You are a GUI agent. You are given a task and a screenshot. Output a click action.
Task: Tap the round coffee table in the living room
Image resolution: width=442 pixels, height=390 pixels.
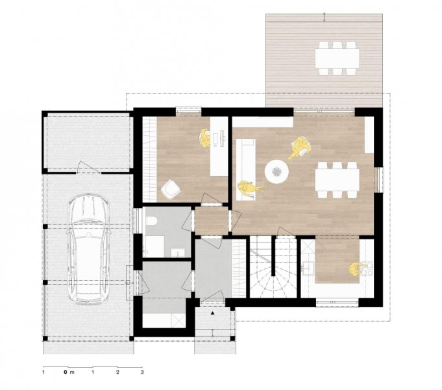[276, 172]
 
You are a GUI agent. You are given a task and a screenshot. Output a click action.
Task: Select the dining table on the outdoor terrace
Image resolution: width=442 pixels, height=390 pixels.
[337, 58]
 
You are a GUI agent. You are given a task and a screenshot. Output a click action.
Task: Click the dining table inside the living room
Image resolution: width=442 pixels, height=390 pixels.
[337, 179]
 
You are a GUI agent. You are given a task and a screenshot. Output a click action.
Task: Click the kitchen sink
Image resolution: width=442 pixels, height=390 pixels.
[308, 267]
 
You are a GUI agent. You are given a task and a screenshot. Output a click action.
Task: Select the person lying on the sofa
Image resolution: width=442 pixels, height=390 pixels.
[249, 188]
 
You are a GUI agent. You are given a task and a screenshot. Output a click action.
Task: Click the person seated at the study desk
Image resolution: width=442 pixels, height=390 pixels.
[205, 138]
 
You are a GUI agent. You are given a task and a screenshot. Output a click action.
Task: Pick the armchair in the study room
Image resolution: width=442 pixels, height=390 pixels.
[171, 188]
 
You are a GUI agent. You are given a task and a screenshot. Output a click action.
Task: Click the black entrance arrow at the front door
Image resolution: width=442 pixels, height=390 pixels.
[213, 313]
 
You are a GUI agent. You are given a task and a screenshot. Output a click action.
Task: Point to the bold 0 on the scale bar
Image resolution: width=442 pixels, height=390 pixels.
[66, 372]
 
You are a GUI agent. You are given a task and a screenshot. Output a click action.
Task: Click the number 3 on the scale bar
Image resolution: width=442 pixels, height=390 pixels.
[142, 372]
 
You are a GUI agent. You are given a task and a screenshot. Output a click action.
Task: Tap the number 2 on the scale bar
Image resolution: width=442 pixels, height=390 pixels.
[117, 372]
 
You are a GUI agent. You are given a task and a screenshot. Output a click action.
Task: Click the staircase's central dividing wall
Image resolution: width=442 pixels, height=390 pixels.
[273, 256]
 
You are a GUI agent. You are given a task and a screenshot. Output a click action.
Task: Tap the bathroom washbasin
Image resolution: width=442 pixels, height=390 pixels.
[178, 252]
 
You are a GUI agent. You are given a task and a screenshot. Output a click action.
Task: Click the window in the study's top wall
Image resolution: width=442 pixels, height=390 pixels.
[189, 111]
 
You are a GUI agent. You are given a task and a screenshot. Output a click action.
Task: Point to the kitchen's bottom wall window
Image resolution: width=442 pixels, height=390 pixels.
[337, 303]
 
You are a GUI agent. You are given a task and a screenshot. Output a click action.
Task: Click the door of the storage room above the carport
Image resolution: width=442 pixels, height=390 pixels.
[89, 168]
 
